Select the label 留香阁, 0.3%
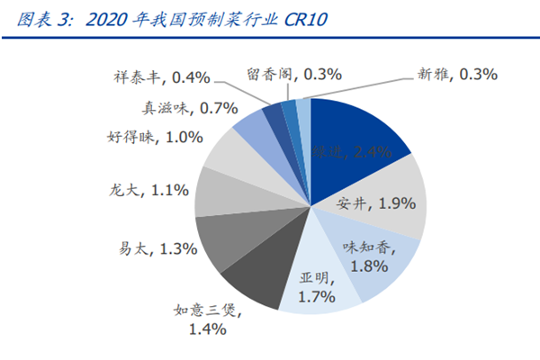[292, 74]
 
